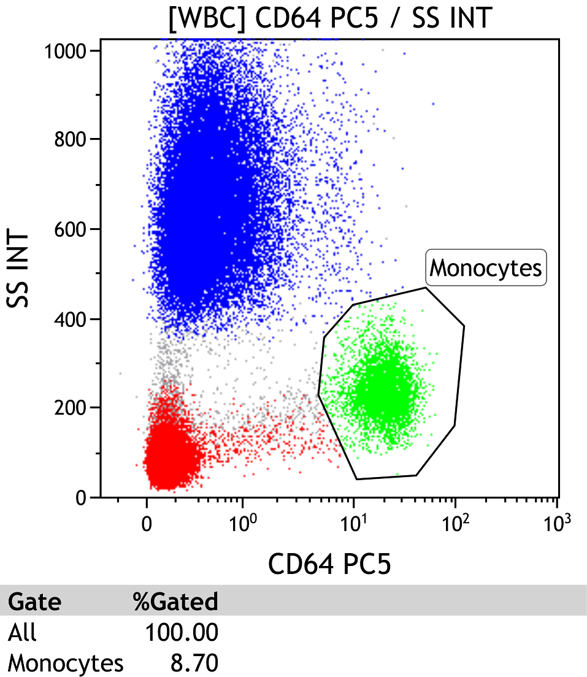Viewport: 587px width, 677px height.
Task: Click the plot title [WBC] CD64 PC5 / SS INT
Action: pos(331,18)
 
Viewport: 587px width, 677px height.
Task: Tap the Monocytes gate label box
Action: pos(486,268)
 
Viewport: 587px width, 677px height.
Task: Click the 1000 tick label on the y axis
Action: pos(66,52)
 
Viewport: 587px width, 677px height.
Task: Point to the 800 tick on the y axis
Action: pos(71,139)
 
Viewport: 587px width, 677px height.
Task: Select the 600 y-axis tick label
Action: pos(71,229)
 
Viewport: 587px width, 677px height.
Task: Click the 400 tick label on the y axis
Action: pos(71,319)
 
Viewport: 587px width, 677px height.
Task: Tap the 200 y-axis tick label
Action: pos(71,408)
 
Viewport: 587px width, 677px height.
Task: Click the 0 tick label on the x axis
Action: pos(147,524)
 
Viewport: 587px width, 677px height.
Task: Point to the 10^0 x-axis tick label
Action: pos(243,522)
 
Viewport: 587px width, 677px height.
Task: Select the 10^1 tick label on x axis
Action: pos(353,522)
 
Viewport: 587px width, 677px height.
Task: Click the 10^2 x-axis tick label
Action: pos(455,522)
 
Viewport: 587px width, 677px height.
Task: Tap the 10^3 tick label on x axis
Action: pos(557,522)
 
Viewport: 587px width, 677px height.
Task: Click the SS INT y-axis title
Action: pos(18,269)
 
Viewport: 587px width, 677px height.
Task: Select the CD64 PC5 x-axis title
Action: pos(329,564)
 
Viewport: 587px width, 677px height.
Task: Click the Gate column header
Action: pos(34,602)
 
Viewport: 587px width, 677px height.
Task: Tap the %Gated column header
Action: pos(175,602)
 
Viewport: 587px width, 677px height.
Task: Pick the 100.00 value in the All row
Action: pos(182,633)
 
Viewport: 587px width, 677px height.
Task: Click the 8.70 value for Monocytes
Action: pos(194,663)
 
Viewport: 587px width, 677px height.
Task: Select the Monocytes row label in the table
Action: pos(66,664)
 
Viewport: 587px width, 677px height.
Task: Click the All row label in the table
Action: pos(22,632)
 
